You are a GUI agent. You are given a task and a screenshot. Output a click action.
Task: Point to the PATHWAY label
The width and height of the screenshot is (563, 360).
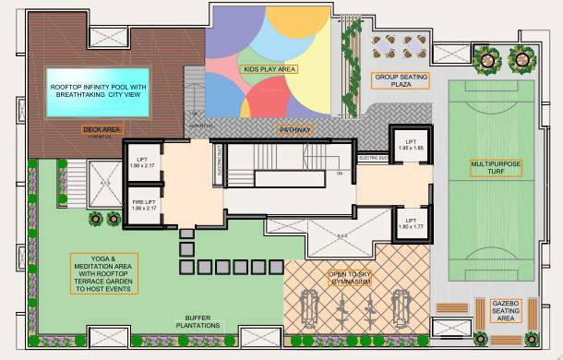[296, 130]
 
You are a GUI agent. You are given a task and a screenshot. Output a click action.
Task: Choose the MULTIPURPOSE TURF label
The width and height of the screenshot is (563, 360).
[496, 167]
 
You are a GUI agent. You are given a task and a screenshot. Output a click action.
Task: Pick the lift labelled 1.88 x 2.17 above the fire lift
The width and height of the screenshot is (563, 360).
[144, 162]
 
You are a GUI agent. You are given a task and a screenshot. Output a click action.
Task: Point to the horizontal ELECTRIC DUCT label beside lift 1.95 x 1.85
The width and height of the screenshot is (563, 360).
[374, 157]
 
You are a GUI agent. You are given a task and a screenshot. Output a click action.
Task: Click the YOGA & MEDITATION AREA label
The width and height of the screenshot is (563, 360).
[102, 272]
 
